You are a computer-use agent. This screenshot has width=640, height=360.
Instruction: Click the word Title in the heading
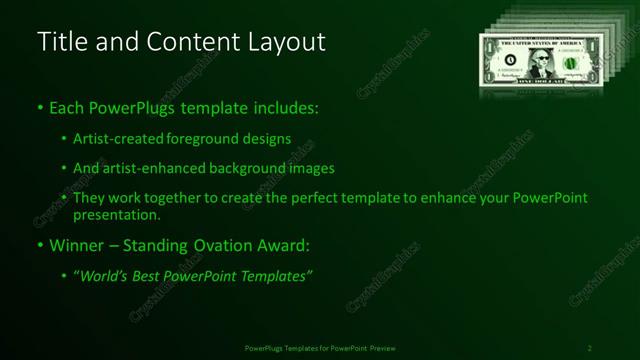click(59, 42)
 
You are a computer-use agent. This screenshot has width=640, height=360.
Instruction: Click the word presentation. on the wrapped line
click(116, 214)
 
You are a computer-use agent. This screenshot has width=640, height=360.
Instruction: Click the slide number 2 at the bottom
click(589, 348)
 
